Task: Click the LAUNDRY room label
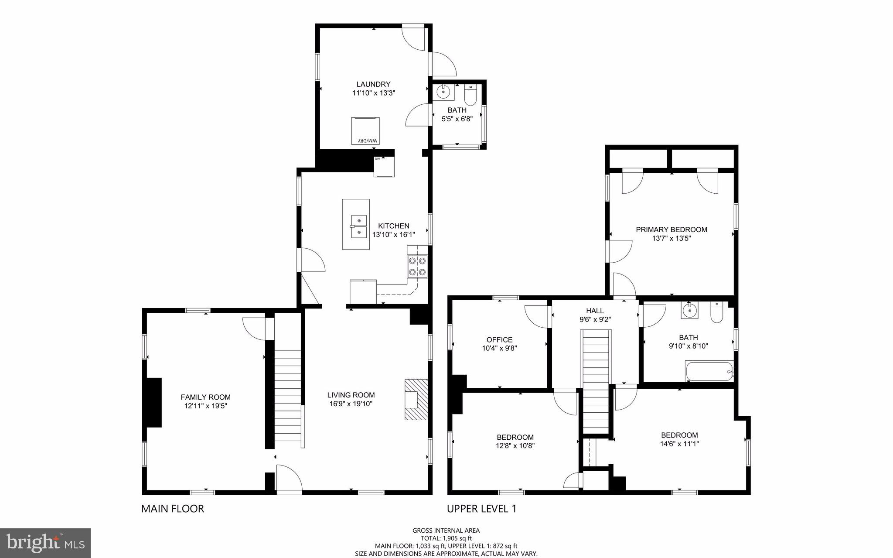click(373, 84)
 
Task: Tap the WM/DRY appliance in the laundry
click(365, 131)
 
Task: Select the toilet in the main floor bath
click(471, 93)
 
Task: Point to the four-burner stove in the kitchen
click(417, 266)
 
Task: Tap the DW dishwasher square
click(384, 167)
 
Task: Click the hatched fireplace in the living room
click(416, 399)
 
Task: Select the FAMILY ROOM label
click(205, 397)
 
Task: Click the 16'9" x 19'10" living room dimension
click(351, 404)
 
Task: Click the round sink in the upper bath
click(690, 311)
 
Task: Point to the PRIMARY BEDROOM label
click(671, 229)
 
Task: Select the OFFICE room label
click(499, 339)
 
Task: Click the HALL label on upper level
click(595, 311)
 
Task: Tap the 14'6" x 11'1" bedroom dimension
click(679, 444)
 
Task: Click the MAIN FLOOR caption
click(173, 509)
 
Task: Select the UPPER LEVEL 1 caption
click(481, 509)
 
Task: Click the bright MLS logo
click(45, 543)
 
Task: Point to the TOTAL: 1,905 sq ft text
click(446, 538)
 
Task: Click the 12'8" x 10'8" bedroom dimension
click(515, 446)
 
